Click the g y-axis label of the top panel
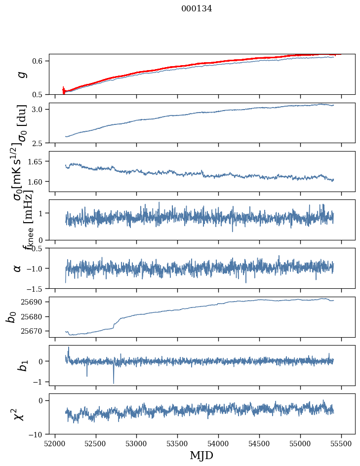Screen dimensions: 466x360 pos(21,74)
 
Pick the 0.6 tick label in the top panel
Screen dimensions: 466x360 pos(39,61)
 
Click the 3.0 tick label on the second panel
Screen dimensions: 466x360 pos(39,109)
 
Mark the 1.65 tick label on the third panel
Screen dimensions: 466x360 pos(37,161)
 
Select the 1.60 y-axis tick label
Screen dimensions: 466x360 pos(37,182)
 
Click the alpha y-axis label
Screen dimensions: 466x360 pos(18,268)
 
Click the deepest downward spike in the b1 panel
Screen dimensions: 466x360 pos(114,383)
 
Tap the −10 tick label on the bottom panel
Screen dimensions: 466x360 pos(38,434)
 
